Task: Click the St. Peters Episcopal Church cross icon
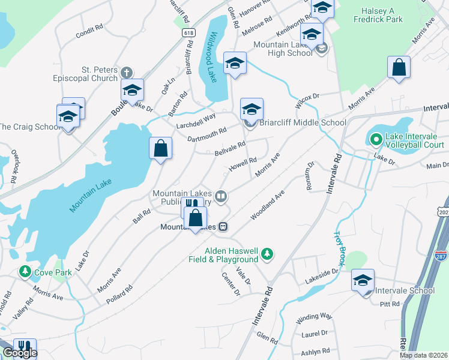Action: click(126, 73)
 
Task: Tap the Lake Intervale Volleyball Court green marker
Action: click(376, 140)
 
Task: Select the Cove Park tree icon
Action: click(25, 272)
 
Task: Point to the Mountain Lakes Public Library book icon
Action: click(221, 196)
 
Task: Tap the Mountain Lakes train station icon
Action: click(223, 227)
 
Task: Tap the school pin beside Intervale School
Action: click(363, 281)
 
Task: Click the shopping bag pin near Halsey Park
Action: click(399, 68)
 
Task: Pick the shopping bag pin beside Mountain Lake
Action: click(160, 149)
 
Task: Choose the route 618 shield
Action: click(188, 33)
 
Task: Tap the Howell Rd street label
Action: click(244, 162)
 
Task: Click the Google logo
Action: click(20, 353)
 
